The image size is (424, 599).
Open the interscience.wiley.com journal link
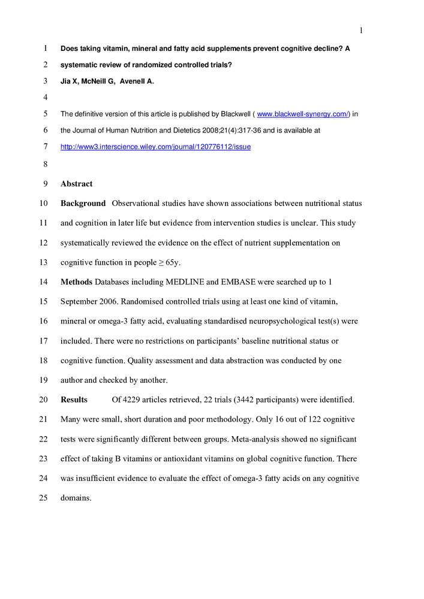pyautogui.click(x=155, y=147)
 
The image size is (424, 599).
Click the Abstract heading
pyautogui.click(x=77, y=184)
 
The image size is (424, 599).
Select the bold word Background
pyautogui.click(x=83, y=204)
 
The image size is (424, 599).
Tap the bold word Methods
pyautogui.click(x=76, y=282)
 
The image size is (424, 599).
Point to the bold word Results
pyautogui.click(x=74, y=400)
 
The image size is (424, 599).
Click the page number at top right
pyautogui.click(x=362, y=31)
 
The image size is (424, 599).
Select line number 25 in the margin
pyautogui.click(x=43, y=497)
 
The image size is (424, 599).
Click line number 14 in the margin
pyautogui.click(x=43, y=282)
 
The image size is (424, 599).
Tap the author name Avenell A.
pyautogui.click(x=138, y=81)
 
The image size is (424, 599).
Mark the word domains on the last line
pyautogui.click(x=76, y=497)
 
